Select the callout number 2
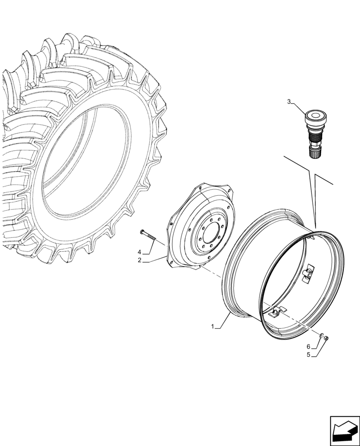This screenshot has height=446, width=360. pyautogui.click(x=139, y=260)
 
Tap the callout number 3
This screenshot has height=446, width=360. pyautogui.click(x=289, y=102)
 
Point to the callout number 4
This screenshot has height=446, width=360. pyautogui.click(x=139, y=252)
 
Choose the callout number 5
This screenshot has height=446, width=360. pyautogui.click(x=309, y=355)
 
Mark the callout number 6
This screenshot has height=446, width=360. pyautogui.click(x=308, y=346)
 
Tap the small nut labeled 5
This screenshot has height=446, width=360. pyautogui.click(x=326, y=339)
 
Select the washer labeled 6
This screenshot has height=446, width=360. pyautogui.click(x=321, y=336)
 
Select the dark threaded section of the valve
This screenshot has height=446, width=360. pyautogui.click(x=315, y=136)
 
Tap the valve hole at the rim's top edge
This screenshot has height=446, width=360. pyautogui.click(x=307, y=238)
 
